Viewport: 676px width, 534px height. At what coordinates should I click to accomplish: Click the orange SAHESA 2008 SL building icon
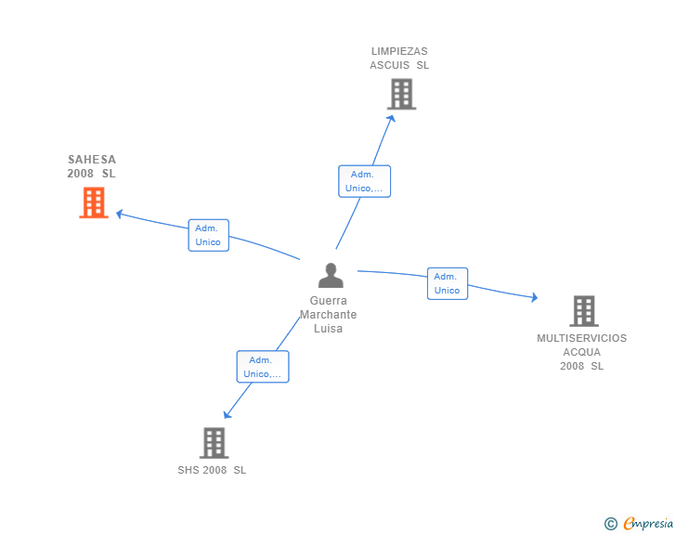coord(94,202)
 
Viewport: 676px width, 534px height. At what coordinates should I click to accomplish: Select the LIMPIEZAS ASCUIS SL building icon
coord(401,94)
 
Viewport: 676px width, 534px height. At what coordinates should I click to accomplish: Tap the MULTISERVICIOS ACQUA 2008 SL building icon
coord(584,311)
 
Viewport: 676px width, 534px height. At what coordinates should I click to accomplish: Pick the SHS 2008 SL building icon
coord(214,443)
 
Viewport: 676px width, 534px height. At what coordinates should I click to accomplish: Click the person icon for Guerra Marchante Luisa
coord(331,275)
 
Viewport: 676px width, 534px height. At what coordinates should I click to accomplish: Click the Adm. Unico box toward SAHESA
coord(209,235)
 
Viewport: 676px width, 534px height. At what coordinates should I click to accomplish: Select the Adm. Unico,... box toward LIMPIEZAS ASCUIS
coord(364,181)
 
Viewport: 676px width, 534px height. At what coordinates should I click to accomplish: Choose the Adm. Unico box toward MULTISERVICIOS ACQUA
coord(448,283)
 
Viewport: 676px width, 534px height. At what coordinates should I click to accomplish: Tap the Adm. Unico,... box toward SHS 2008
coord(263,367)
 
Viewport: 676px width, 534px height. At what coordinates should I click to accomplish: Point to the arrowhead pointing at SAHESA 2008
coord(120,214)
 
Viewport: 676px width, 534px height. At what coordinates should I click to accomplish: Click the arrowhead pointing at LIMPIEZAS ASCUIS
coord(391,118)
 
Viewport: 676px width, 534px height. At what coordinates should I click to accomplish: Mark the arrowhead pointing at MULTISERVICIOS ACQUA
coord(535,297)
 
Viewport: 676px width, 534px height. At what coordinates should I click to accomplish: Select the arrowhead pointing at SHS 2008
coord(227,415)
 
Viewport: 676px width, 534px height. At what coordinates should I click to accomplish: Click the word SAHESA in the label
coord(92,160)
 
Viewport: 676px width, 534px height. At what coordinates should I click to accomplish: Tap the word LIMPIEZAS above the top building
coord(399,51)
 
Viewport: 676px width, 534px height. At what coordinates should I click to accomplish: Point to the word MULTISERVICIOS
coord(581,338)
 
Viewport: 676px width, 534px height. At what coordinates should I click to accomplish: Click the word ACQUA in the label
coord(581,352)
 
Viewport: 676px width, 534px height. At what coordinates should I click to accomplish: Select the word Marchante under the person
coord(328,315)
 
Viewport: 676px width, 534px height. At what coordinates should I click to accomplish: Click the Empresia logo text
coord(648,523)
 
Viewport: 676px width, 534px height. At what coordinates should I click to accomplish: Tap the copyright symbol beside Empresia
coord(610,524)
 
